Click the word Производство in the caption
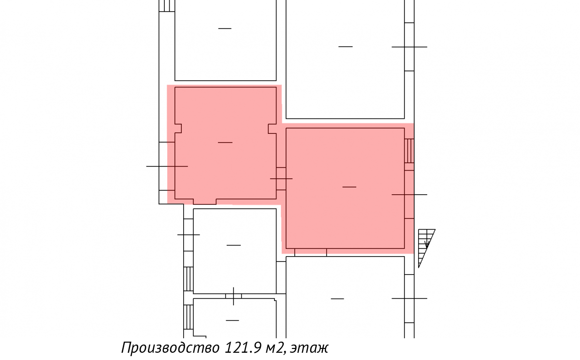(x=170, y=348)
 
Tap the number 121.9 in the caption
(x=243, y=347)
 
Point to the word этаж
(x=309, y=348)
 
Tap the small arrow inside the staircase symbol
(x=427, y=244)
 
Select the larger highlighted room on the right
(x=345, y=188)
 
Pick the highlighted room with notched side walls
(x=225, y=143)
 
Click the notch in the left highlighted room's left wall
(x=178, y=129)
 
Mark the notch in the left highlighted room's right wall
(x=272, y=129)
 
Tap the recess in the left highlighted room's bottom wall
(x=205, y=202)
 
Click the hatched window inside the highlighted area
(x=409, y=151)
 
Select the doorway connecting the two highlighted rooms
(x=281, y=179)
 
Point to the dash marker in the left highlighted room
(x=225, y=143)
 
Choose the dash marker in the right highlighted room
(x=349, y=187)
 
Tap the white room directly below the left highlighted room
(x=234, y=251)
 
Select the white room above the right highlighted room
(x=345, y=59)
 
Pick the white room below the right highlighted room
(x=345, y=297)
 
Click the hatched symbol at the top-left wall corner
(x=167, y=6)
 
